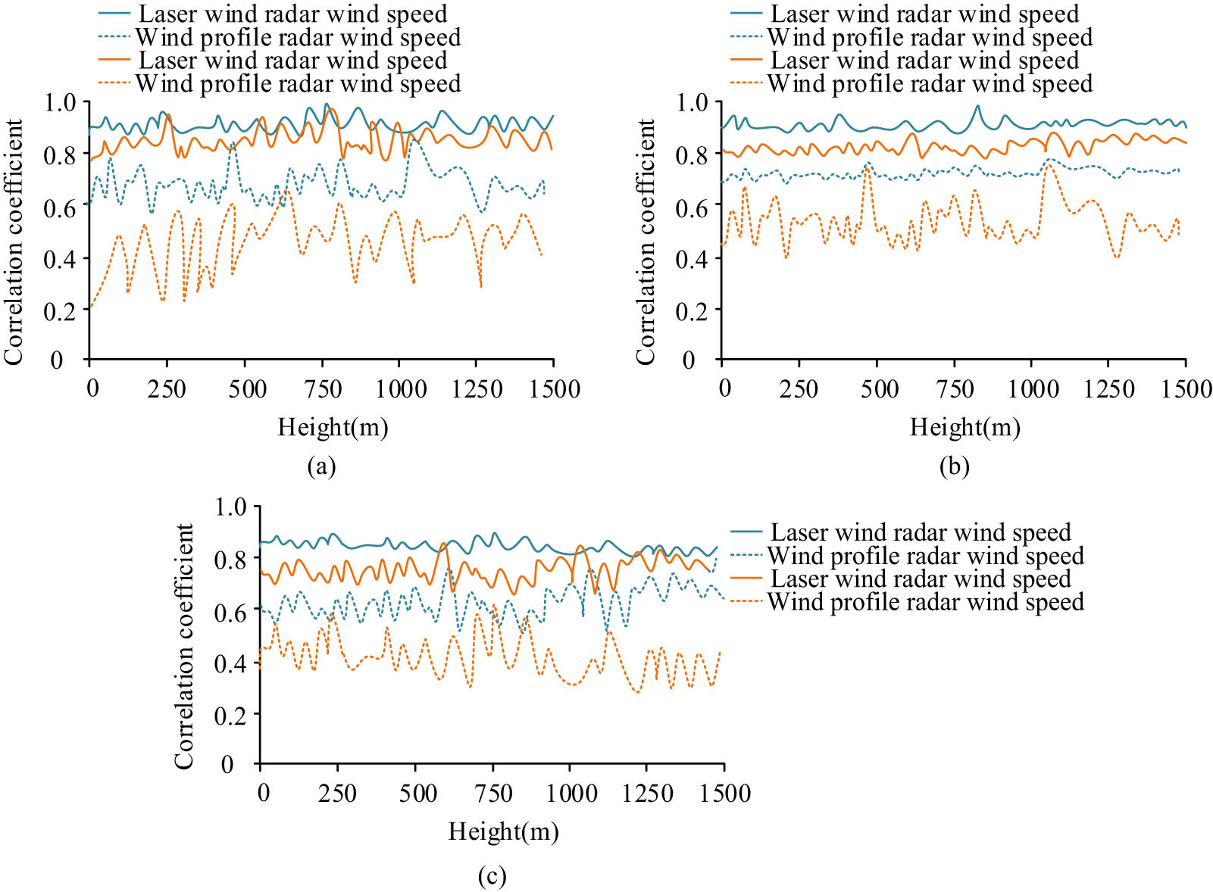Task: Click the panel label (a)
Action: pyautogui.click(x=321, y=466)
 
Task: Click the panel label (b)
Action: pyautogui.click(x=954, y=466)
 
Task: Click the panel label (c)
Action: pyautogui.click(x=492, y=877)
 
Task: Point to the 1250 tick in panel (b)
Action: pyautogui.click(x=1109, y=389)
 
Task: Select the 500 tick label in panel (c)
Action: pyautogui.click(x=417, y=794)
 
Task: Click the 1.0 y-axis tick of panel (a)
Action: pyautogui.click(x=61, y=102)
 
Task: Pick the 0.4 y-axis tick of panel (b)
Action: pyautogui.click(x=692, y=258)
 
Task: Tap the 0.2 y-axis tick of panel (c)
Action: pyautogui.click(x=231, y=714)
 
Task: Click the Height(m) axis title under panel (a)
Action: pyautogui.click(x=333, y=428)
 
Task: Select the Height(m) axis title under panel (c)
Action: pyautogui.click(x=503, y=832)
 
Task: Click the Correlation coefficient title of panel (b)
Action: pyautogui.click(x=646, y=242)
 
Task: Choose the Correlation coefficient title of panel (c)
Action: pyautogui.click(x=184, y=646)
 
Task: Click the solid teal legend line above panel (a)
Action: pyautogui.click(x=115, y=14)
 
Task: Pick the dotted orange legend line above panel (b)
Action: pyautogui.click(x=746, y=83)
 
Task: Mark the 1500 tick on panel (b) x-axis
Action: pyautogui.click(x=1187, y=389)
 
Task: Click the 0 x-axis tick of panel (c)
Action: pyautogui.click(x=263, y=794)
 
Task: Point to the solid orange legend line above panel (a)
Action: pyautogui.click(x=115, y=60)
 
